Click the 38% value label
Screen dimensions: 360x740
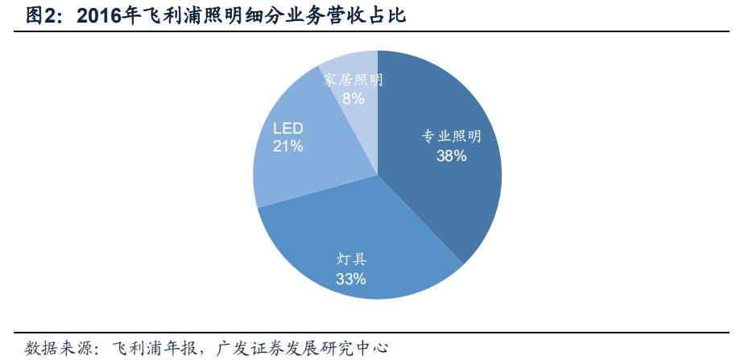point(451,156)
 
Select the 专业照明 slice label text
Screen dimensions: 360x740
point(452,137)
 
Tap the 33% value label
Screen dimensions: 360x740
point(351,279)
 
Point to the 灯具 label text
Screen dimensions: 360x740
point(351,259)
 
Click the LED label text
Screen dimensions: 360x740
point(287,128)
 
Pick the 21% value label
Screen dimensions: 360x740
point(287,147)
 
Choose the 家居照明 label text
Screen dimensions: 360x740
point(353,80)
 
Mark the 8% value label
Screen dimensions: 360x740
point(353,98)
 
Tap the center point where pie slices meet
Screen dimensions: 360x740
point(377,175)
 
